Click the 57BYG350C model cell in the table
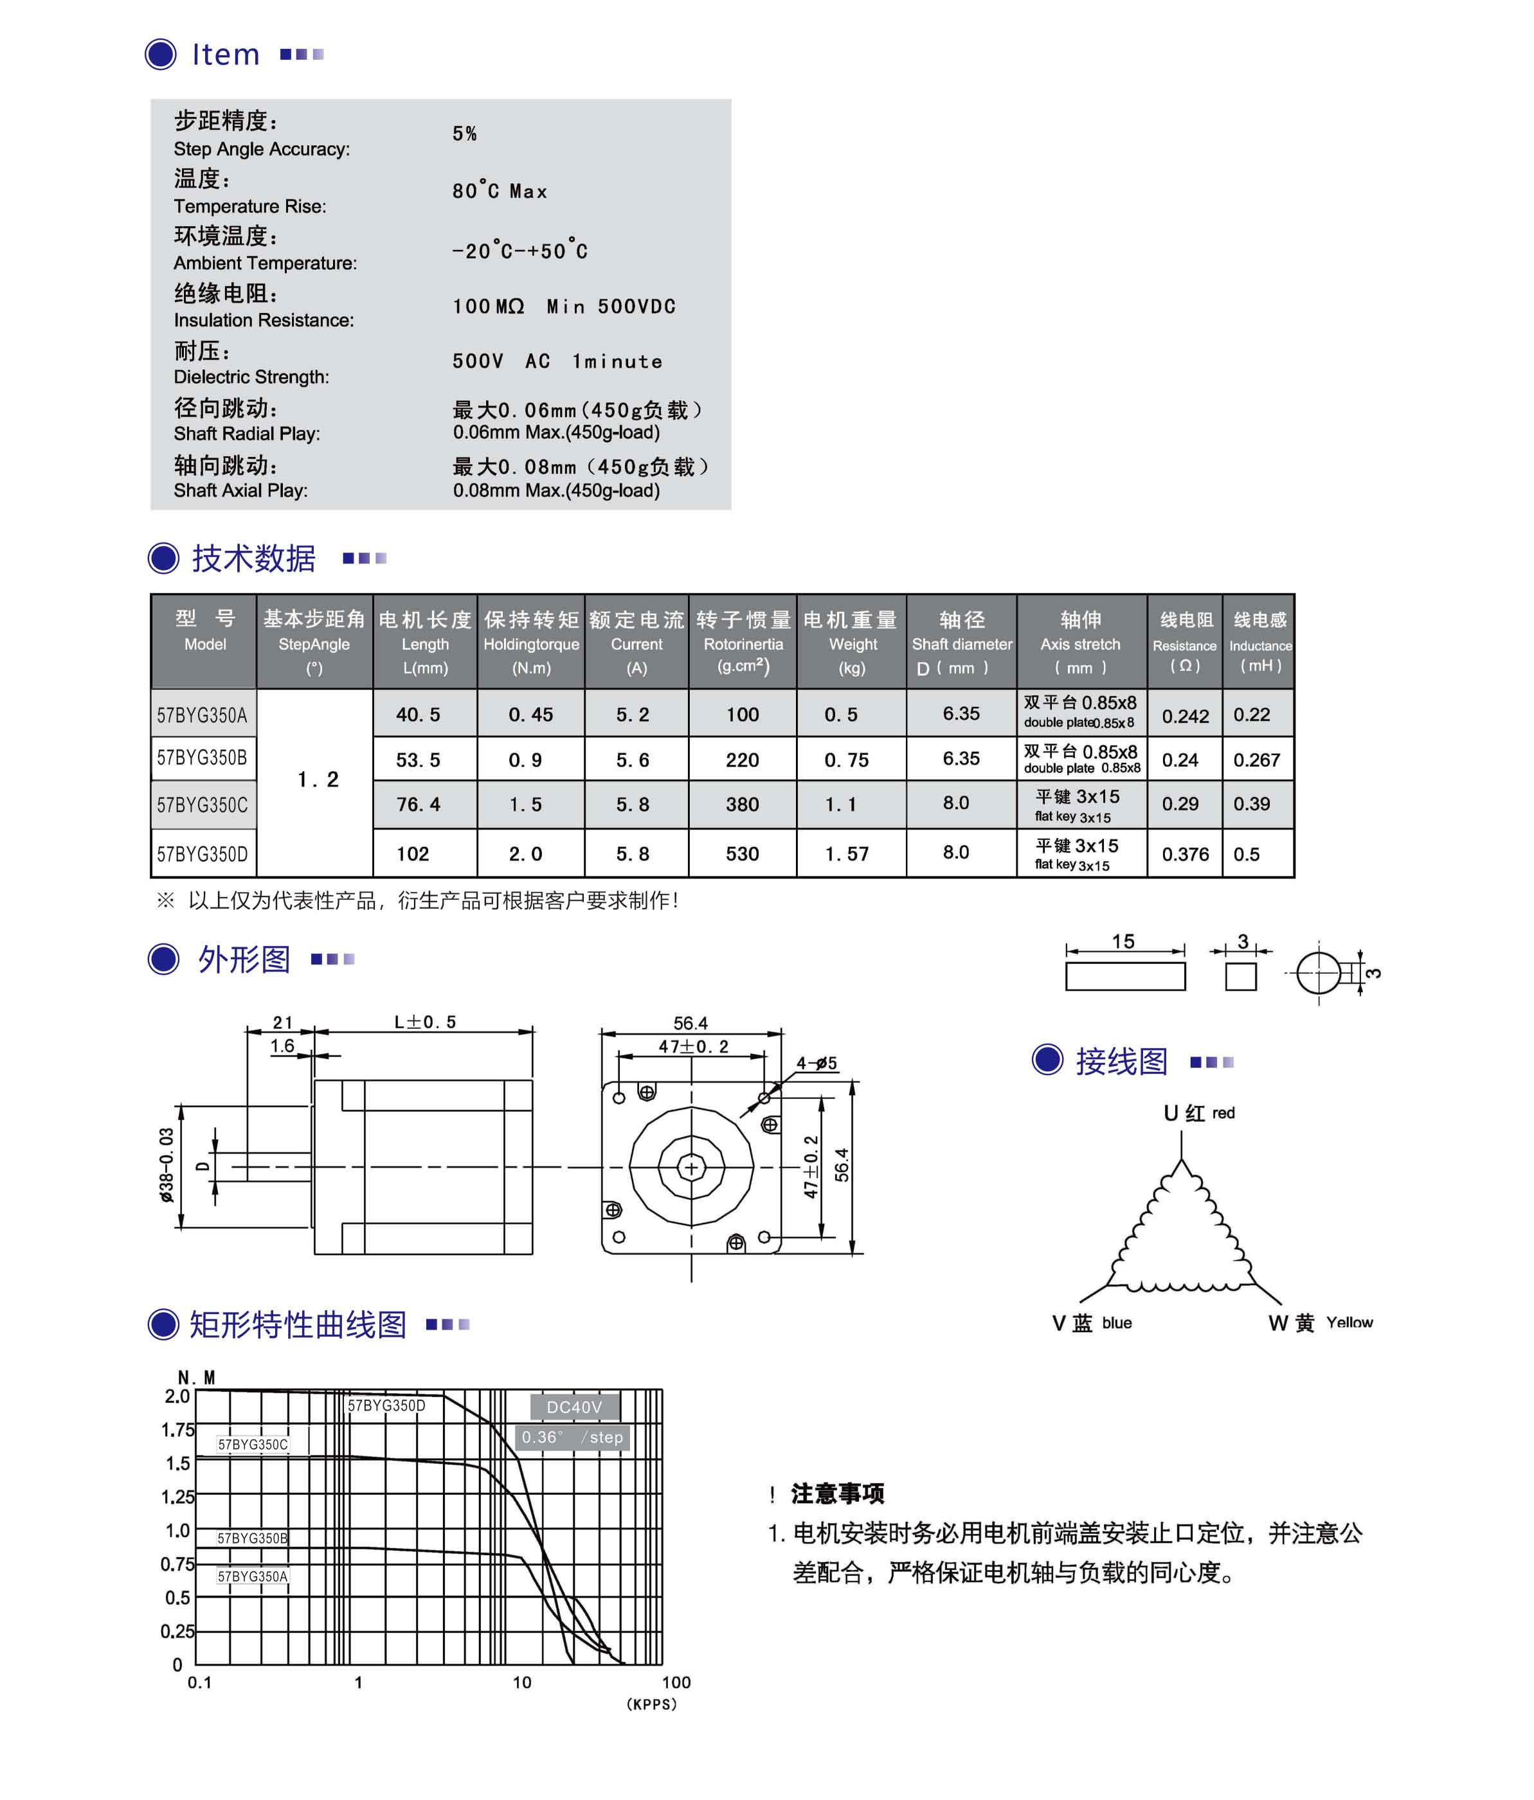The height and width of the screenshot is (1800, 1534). click(x=202, y=805)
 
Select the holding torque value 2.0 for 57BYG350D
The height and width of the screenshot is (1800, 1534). click(x=525, y=854)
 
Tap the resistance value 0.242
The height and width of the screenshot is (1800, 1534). click(x=1185, y=716)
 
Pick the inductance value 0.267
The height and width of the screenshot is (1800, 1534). click(x=1256, y=760)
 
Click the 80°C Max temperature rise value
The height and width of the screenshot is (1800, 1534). click(x=499, y=191)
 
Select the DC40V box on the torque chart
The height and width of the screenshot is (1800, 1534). click(x=573, y=1407)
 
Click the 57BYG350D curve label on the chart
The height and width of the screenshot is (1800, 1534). click(x=387, y=1405)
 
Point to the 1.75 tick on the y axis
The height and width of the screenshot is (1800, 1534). click(x=177, y=1429)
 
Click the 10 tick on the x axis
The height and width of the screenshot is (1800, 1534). click(x=521, y=1682)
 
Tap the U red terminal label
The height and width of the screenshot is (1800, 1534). click(x=1198, y=1113)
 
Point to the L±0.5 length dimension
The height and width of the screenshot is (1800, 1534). click(x=425, y=1022)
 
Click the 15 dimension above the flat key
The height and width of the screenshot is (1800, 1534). click(x=1123, y=941)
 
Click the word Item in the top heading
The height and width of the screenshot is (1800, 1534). click(x=225, y=55)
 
